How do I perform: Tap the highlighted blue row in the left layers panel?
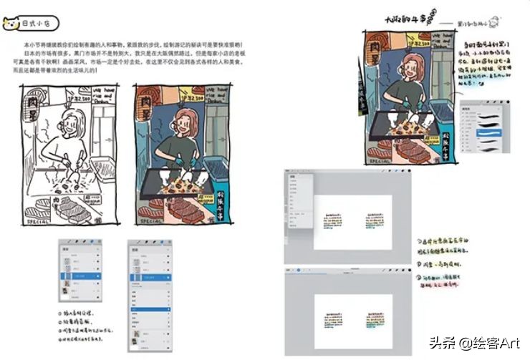click(80, 276)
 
